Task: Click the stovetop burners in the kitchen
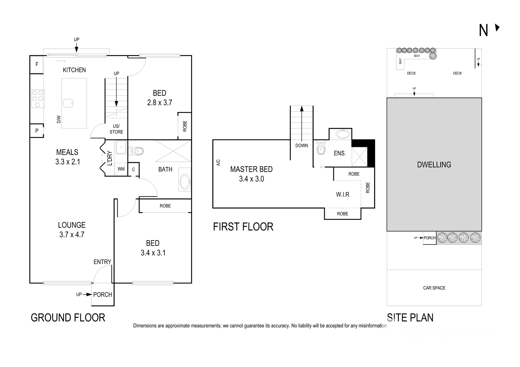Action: (x=37, y=99)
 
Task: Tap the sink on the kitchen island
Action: (x=68, y=103)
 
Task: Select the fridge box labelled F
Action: (x=37, y=64)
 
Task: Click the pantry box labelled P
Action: (x=37, y=131)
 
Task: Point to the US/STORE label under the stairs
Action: (x=116, y=129)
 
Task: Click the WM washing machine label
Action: (x=121, y=169)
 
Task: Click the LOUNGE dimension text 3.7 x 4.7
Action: (x=72, y=234)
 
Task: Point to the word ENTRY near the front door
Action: (x=102, y=262)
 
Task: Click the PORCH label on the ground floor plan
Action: (x=103, y=295)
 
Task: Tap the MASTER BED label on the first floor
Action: (x=251, y=169)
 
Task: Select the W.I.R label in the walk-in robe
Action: (x=343, y=194)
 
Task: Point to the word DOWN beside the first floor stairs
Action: (x=301, y=146)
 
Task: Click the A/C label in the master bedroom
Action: (x=218, y=163)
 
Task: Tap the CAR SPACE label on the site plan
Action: (x=434, y=288)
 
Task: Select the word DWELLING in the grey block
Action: (x=434, y=165)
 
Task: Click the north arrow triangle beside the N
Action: (x=497, y=28)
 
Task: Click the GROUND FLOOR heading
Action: (x=68, y=318)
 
